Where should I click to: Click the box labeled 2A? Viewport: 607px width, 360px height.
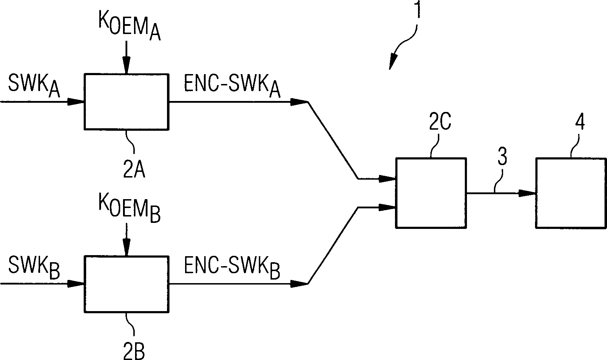point(126,101)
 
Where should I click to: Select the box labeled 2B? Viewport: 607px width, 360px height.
point(126,283)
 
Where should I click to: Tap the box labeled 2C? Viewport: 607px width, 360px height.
point(430,193)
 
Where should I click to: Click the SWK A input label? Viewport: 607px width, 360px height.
point(34,86)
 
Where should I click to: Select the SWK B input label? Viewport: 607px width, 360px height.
point(34,268)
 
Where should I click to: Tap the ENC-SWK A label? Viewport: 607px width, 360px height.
point(232,86)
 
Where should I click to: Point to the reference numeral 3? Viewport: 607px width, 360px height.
point(501,157)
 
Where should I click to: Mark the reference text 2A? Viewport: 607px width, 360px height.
point(134,170)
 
